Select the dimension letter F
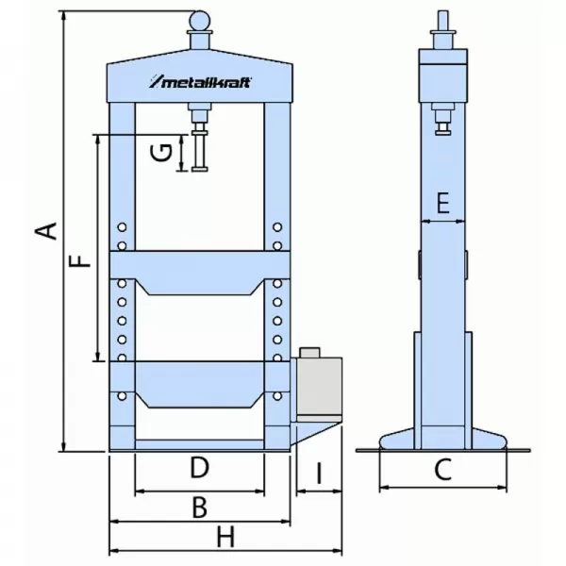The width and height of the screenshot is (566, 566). click(x=83, y=257)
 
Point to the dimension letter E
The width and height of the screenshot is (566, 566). click(x=443, y=201)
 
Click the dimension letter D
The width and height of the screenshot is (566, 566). click(x=198, y=467)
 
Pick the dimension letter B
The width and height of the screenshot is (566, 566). click(x=198, y=508)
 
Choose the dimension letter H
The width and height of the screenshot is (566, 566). click(x=224, y=538)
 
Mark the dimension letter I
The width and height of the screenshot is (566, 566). click(x=318, y=473)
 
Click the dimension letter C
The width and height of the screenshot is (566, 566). click(x=442, y=469)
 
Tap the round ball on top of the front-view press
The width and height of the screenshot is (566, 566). click(x=200, y=19)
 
